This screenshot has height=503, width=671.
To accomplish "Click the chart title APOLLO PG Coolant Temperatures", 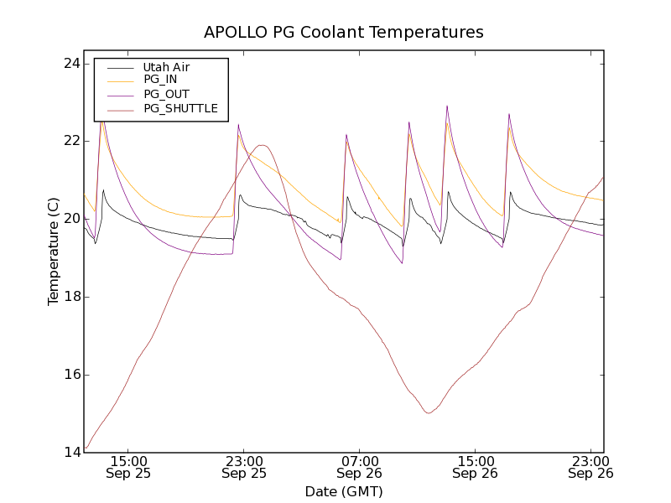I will point(344,32).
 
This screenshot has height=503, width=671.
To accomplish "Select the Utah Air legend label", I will point(166,67).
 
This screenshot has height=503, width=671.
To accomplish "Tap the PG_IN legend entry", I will point(160,80).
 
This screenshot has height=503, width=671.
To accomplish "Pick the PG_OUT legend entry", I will point(166,94).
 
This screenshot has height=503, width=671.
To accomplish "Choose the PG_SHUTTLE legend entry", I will point(180,108).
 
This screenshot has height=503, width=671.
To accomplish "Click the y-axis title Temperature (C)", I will point(54,251).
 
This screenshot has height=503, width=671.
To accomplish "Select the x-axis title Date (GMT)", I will point(344,491).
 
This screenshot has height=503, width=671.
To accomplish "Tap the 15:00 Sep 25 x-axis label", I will point(128,467).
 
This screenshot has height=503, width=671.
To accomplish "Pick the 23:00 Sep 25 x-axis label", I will point(244,467).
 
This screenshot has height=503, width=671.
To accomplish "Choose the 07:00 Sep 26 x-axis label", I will point(360,467).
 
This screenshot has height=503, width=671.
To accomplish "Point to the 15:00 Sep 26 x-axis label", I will point(476,467).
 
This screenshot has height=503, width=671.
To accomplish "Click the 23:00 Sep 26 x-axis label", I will point(591,467).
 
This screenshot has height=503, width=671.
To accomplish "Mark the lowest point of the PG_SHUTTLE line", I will point(429,412).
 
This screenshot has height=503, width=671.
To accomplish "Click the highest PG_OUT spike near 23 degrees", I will point(447,106).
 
